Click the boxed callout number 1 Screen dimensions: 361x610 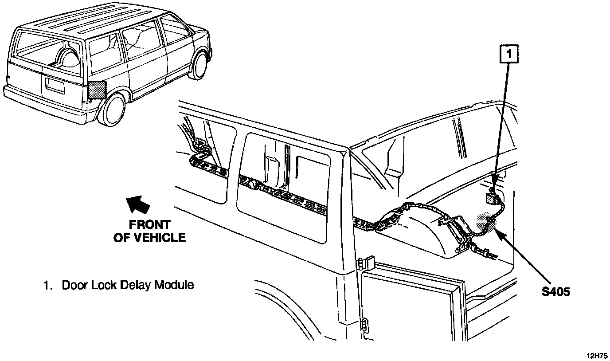(509, 55)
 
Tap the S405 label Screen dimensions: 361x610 (555, 292)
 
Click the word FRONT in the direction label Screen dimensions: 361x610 (149, 224)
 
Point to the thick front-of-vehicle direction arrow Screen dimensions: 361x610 (138, 204)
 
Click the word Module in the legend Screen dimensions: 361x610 (174, 285)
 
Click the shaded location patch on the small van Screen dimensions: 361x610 (97, 90)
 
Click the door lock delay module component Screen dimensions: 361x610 (490, 198)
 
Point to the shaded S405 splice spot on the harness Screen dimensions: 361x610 (485, 220)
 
